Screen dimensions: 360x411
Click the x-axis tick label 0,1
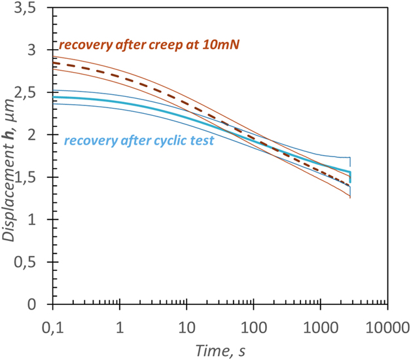[x=53, y=325]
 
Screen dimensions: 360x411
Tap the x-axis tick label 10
[x=187, y=325]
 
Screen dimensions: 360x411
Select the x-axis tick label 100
[x=253, y=325]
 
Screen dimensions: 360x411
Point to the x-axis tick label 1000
[x=320, y=325]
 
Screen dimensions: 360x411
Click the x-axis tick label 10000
[x=387, y=325]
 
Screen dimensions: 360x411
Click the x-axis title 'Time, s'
[x=221, y=351]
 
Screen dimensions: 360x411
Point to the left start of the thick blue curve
[x=54, y=97]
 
